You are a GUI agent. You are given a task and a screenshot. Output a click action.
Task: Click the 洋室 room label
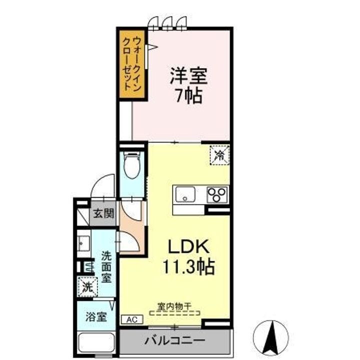pos(188,76)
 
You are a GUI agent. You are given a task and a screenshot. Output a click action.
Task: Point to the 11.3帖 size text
pos(187,266)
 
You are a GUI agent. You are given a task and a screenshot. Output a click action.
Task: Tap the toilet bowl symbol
pos(132,165)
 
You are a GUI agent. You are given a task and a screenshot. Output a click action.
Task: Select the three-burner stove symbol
pos(217,193)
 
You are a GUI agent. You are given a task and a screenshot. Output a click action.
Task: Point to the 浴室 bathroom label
pos(95,316)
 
